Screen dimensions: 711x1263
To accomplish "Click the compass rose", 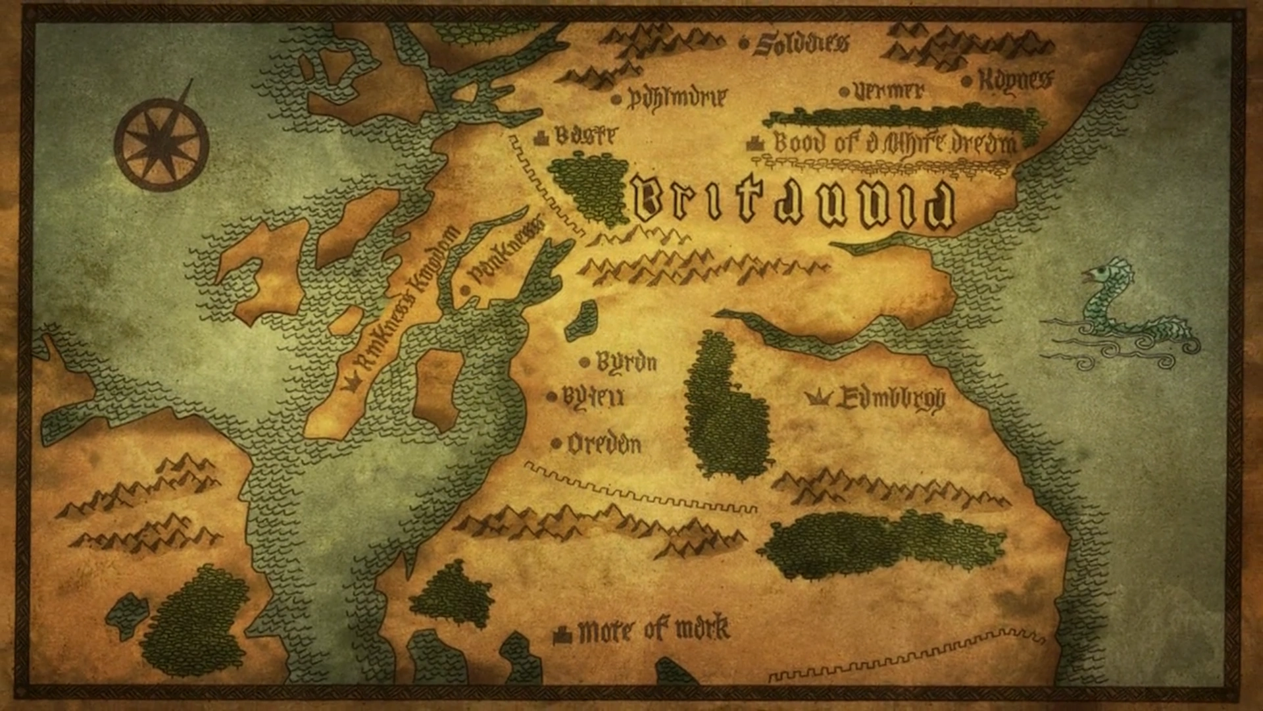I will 162,144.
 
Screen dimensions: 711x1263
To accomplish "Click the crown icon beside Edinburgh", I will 818,397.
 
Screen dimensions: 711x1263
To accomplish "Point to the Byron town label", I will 626,362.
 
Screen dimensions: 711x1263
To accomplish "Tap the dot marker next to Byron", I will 584,362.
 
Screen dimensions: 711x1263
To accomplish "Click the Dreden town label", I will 604,444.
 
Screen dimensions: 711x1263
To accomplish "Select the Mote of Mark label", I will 653,630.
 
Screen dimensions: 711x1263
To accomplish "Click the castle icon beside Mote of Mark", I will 562,635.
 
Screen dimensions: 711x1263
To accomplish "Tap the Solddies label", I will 801,43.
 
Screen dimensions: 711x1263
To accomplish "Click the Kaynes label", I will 1016,80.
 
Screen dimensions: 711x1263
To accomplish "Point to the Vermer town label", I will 889,91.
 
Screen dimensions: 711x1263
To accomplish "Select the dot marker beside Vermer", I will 844,92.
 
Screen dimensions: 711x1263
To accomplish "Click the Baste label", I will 585,136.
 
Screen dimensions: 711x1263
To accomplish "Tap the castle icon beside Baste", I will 541,137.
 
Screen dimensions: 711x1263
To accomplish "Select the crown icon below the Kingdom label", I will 349,382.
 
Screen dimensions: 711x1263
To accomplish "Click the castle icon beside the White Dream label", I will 755,144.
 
